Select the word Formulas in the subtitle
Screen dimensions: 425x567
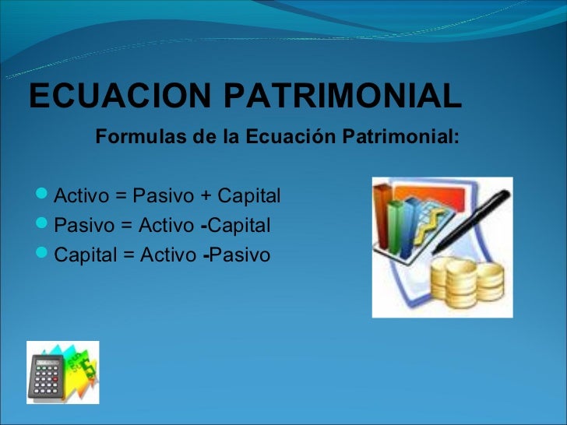[131, 138]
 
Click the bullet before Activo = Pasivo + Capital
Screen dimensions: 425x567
[44, 193]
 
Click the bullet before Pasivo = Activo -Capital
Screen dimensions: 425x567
[44, 226]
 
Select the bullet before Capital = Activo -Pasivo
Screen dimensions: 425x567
[44, 255]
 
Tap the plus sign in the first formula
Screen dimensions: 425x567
[205, 194]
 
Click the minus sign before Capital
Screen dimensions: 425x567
[203, 227]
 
